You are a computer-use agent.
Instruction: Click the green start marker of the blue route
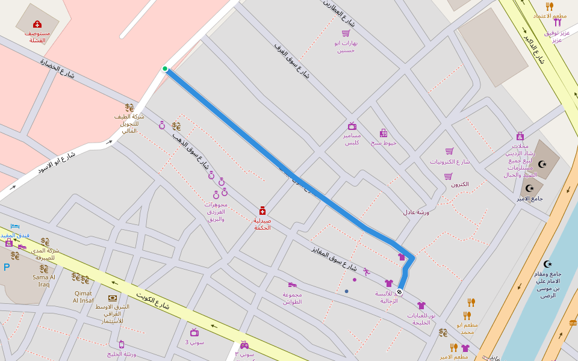coord(165,69)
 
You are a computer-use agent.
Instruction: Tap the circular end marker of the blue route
coord(399,292)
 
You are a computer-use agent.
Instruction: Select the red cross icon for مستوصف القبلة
coord(37,24)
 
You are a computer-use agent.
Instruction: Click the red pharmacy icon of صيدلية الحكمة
coord(263,211)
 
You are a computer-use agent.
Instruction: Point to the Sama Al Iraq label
coord(44,280)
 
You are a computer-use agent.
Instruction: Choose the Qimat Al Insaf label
coord(83,297)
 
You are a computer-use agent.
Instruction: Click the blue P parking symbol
coord(7,267)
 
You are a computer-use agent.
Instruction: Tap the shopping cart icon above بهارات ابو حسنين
coord(346,33)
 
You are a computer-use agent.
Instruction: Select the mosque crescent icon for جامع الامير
coord(530,188)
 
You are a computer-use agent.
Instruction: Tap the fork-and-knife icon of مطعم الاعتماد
coord(550,6)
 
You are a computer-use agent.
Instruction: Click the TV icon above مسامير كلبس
coord(352,126)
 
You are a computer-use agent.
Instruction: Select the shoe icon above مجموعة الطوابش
coord(293,285)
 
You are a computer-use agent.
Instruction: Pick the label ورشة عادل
coord(416,212)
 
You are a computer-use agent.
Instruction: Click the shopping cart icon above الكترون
coord(449,176)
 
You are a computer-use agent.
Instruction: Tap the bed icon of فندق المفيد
coord(15,226)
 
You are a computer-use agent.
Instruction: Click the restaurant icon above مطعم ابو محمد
coord(467,315)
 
